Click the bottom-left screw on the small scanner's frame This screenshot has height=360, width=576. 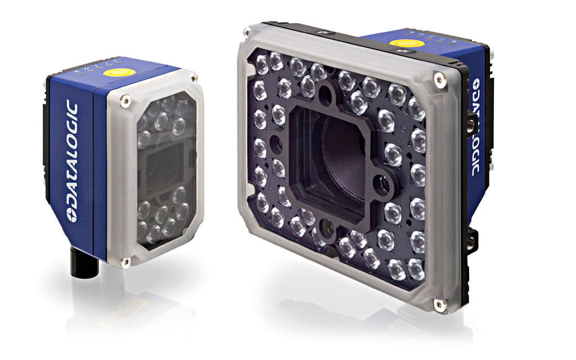point(125,262)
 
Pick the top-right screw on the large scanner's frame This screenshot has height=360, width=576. point(439,80)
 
